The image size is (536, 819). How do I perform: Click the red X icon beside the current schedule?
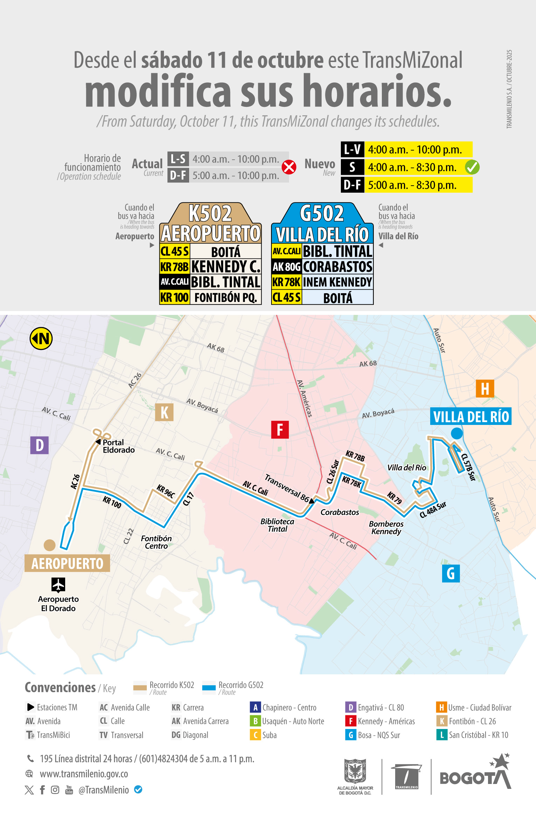(289, 167)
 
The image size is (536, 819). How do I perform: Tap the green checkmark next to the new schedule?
(472, 167)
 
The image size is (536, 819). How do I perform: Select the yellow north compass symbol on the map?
(41, 339)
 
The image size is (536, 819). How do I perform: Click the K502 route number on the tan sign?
(210, 213)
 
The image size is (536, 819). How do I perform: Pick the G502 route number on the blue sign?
(322, 213)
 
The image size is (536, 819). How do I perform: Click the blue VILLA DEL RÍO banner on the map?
(470, 417)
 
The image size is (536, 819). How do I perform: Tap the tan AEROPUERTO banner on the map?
(67, 563)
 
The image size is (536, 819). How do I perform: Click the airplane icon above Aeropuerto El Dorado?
(58, 585)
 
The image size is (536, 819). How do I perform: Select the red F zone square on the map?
(280, 430)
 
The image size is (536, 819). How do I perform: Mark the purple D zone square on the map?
(39, 445)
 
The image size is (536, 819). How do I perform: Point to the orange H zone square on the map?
(485, 388)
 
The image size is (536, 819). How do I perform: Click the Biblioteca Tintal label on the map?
(277, 525)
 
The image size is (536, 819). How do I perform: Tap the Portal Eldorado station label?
(118, 446)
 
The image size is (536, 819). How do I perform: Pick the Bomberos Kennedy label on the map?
(386, 528)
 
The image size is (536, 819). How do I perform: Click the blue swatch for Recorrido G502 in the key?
(209, 688)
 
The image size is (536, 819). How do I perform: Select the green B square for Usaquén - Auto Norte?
(255, 721)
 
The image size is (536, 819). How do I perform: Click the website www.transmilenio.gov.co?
(84, 774)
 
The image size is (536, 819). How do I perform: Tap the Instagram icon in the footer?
(55, 790)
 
